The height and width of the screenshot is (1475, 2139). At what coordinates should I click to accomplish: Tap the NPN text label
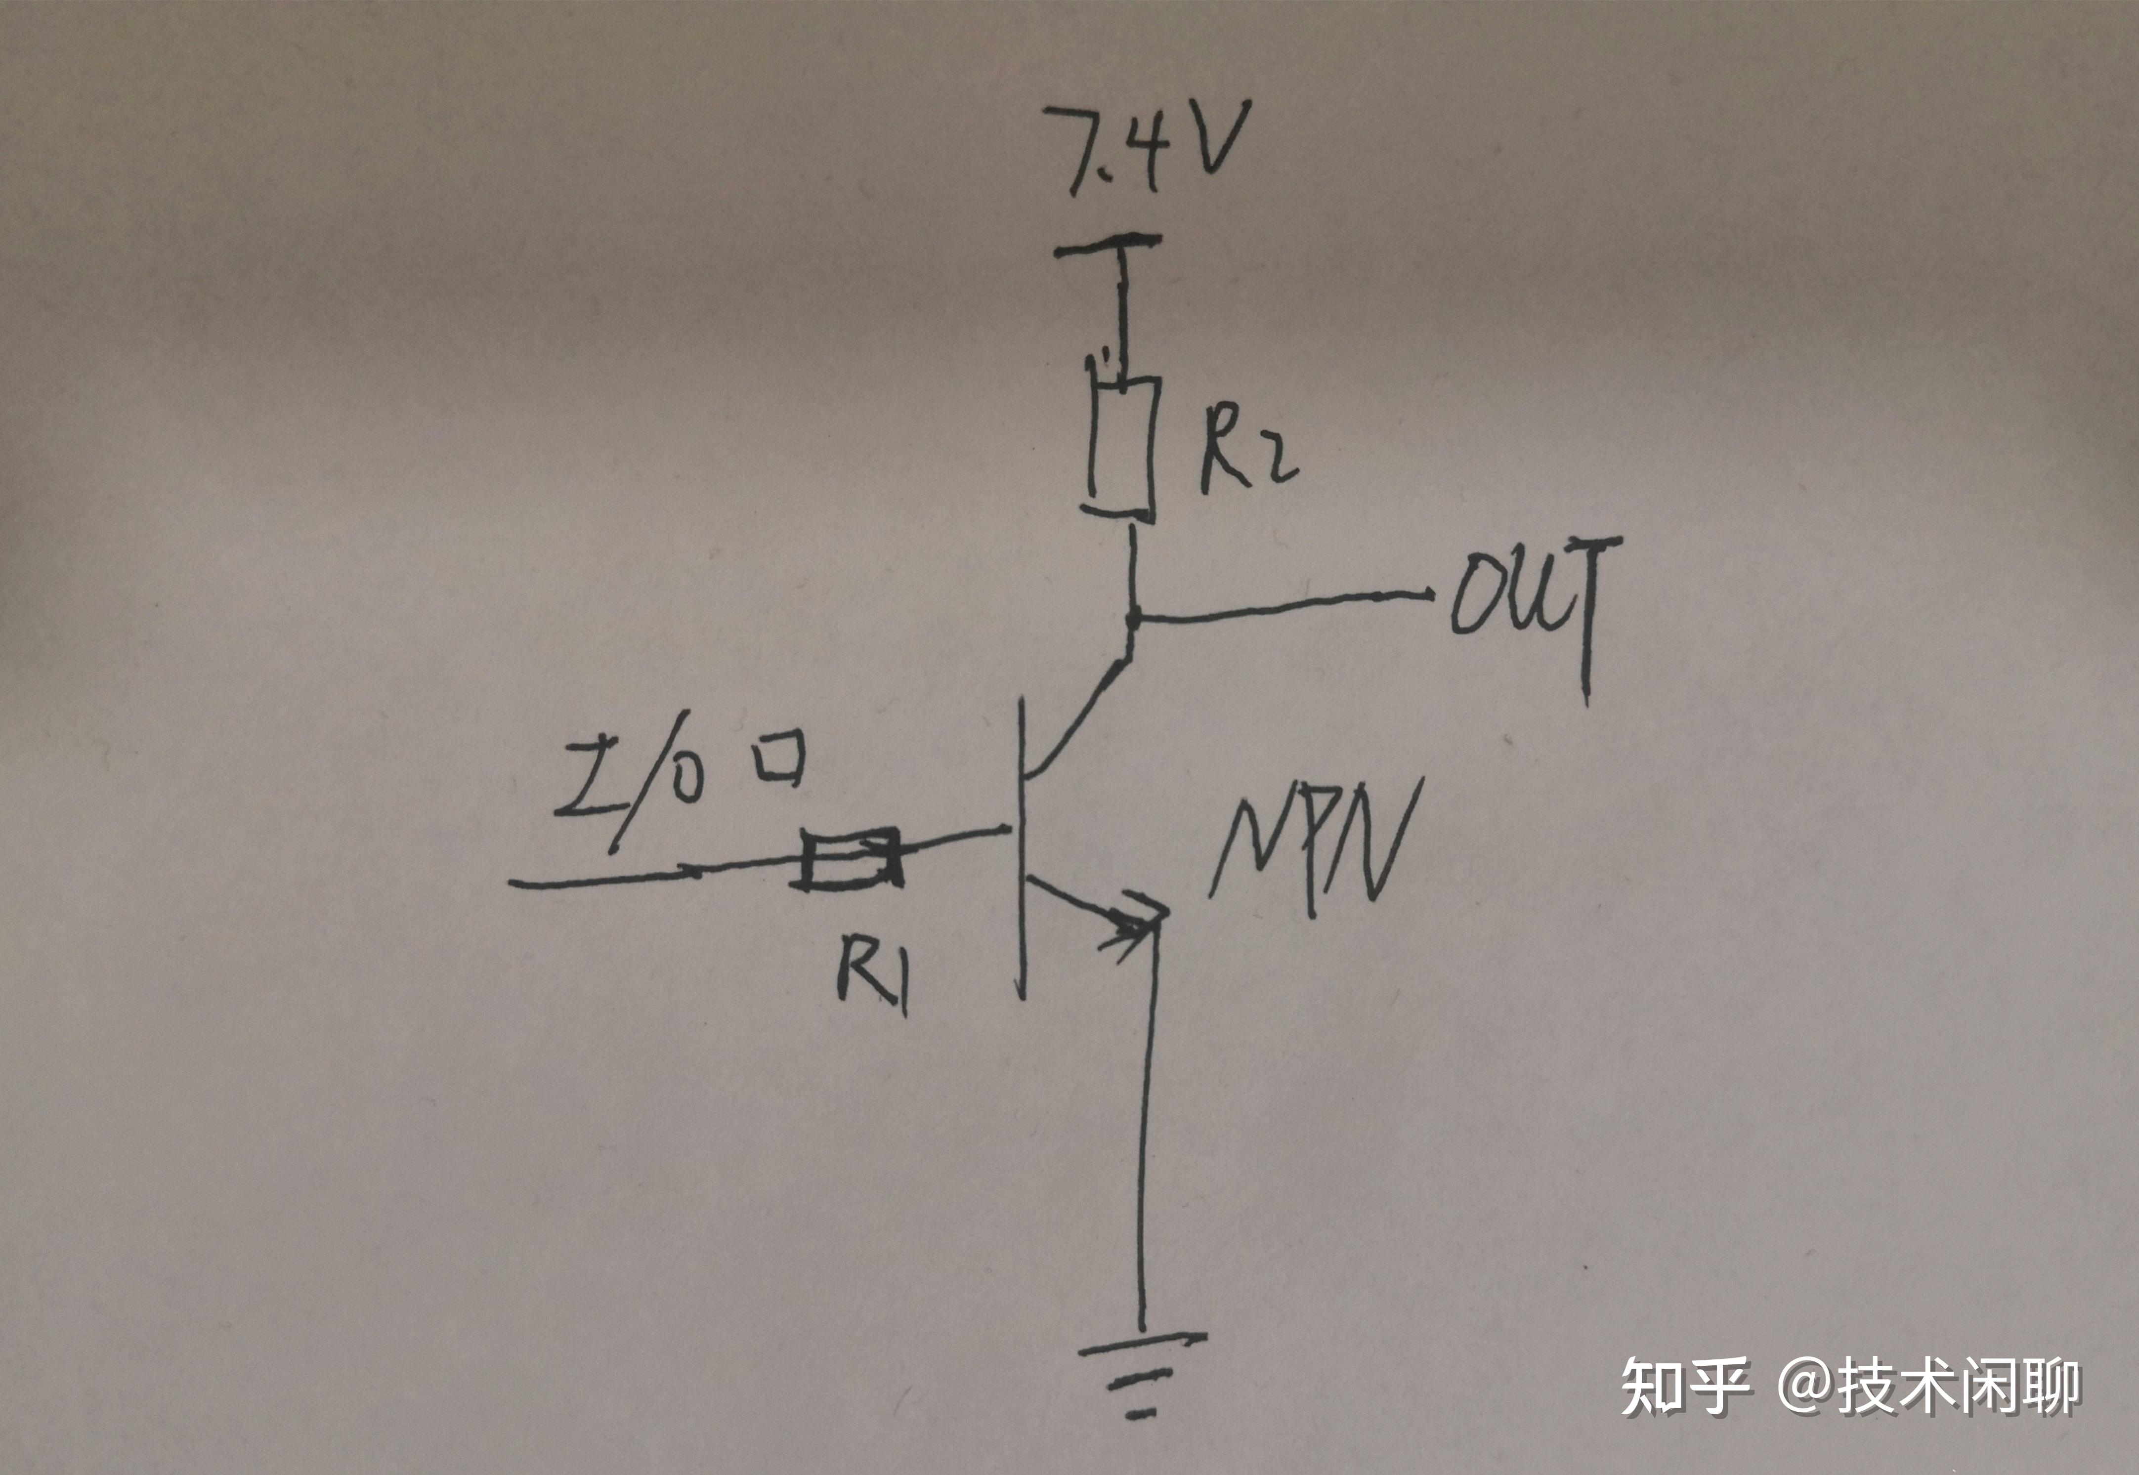click(x=1313, y=850)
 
